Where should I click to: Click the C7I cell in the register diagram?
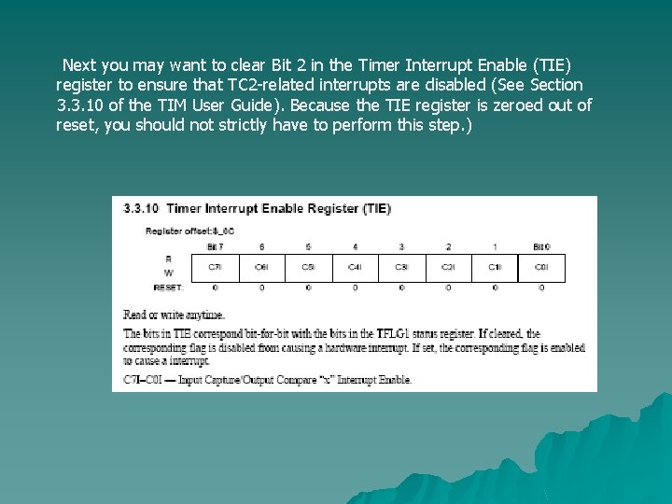coord(215,267)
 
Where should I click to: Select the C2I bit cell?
coord(448,267)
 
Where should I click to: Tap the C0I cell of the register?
coord(541,267)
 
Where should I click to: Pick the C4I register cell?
coord(355,267)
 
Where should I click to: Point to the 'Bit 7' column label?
coord(215,246)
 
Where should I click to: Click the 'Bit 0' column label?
coord(541,246)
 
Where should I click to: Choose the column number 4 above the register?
coord(355,246)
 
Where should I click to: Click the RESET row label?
coord(168,287)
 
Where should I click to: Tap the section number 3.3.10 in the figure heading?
coord(141,209)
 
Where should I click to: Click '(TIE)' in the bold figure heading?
coord(376,209)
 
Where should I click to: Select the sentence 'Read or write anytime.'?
coord(174,315)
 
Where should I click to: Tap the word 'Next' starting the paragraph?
coord(78,65)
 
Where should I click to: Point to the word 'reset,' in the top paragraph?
coord(78,124)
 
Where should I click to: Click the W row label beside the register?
coord(168,273)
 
